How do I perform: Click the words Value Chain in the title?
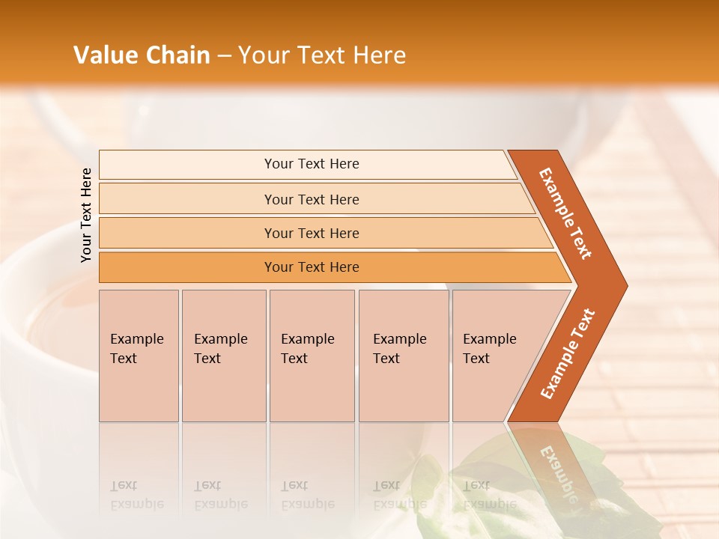[x=142, y=55]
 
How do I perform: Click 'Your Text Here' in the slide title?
[x=322, y=55]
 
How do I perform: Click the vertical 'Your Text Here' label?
[x=86, y=215]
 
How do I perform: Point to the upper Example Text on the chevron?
[x=565, y=213]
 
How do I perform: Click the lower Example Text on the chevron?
[x=567, y=354]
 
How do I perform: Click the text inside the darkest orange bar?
[x=312, y=267]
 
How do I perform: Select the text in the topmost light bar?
[x=312, y=164]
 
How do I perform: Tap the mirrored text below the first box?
[x=136, y=496]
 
